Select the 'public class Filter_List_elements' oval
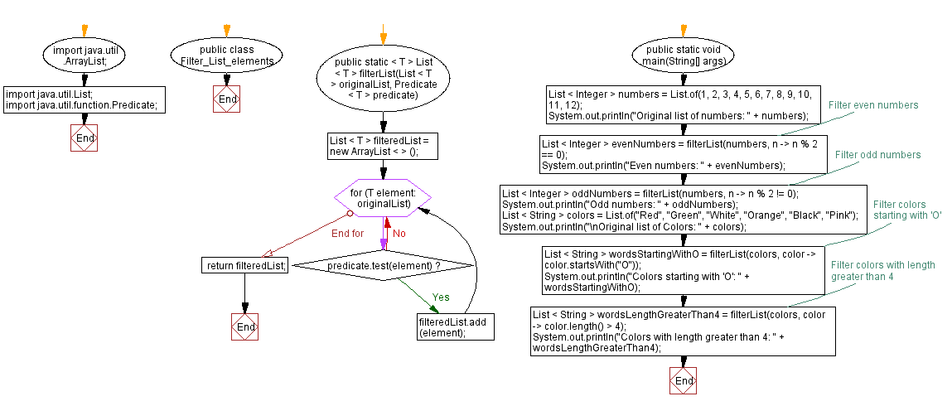click(226, 56)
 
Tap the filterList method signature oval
click(382, 79)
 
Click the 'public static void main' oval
click(683, 56)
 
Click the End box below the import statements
click(84, 138)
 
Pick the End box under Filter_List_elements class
click(227, 99)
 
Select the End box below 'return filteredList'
click(245, 327)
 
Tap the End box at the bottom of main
click(684, 381)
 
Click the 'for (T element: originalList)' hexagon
click(383, 197)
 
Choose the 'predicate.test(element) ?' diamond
click(384, 265)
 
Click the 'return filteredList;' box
click(245, 265)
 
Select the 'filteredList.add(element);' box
click(456, 327)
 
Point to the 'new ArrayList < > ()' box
click(382, 146)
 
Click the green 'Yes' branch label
click(441, 297)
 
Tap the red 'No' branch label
click(399, 234)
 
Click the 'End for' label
click(347, 234)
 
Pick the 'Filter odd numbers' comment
click(877, 155)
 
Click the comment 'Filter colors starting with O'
click(907, 210)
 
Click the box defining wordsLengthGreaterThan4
click(683, 331)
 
